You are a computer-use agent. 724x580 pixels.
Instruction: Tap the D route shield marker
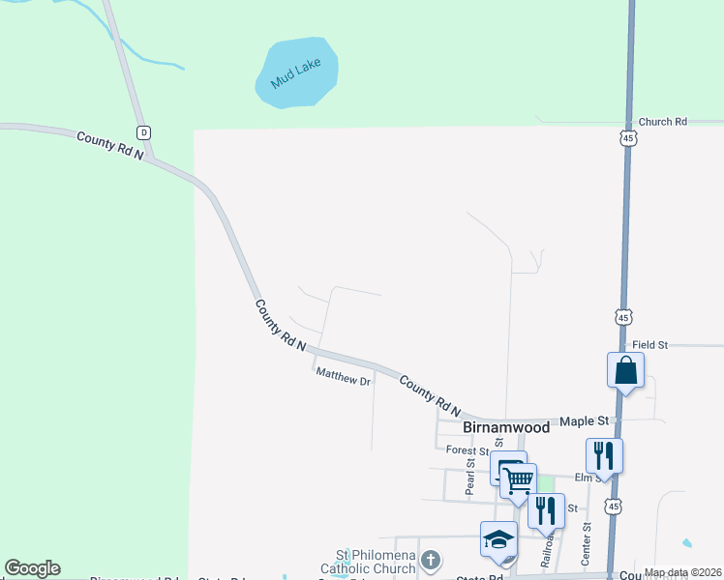[x=143, y=132]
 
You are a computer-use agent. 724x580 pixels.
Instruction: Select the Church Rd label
[x=662, y=122]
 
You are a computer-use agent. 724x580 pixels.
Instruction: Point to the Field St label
[x=649, y=344]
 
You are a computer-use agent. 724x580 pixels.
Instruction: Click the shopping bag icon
[x=625, y=369]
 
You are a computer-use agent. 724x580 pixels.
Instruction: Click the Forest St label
[x=468, y=450]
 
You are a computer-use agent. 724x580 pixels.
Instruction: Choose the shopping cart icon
[x=519, y=479]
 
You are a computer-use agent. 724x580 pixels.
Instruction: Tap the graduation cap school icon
[x=498, y=539]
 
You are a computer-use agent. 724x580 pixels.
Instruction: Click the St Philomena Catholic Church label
[x=376, y=562]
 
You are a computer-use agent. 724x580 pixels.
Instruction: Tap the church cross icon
[x=432, y=560]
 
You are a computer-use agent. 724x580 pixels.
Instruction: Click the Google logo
[x=32, y=568]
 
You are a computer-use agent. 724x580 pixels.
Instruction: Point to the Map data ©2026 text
[x=681, y=572]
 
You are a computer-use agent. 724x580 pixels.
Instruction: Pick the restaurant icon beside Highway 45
[x=604, y=455]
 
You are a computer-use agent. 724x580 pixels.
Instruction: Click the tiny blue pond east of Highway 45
[x=687, y=543]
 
